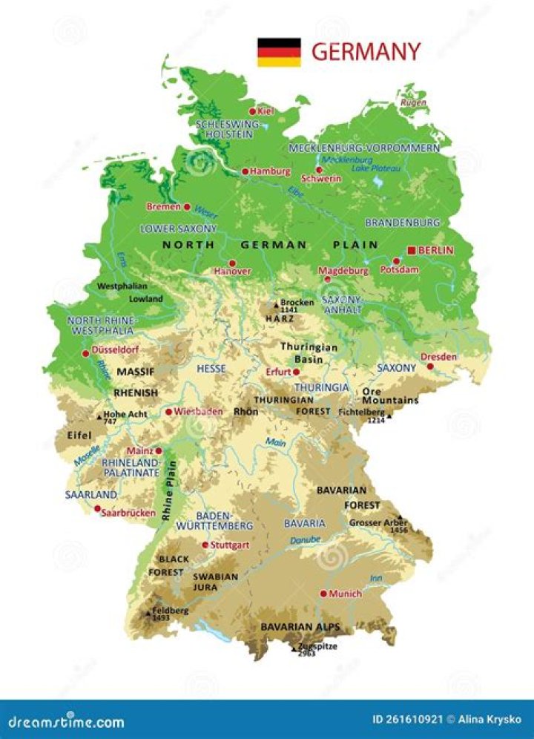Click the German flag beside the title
[279, 53]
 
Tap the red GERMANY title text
[366, 53]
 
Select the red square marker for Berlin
[411, 251]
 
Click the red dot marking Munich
[323, 594]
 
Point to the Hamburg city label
[270, 171]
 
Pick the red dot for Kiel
[252, 111]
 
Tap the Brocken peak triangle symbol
[277, 303]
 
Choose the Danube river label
[305, 540]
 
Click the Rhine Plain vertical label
[169, 490]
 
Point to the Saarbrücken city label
[128, 513]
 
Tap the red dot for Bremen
[187, 207]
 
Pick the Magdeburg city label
[343, 272]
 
